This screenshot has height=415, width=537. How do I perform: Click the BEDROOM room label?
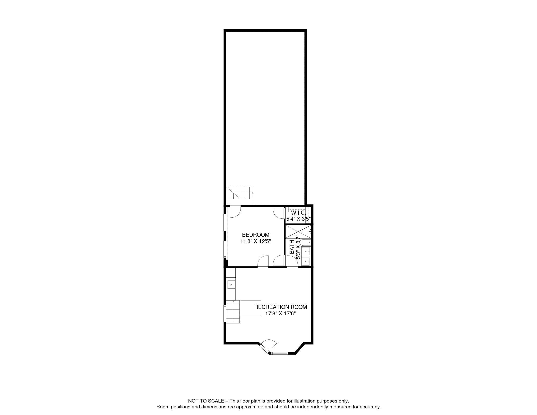click(255, 235)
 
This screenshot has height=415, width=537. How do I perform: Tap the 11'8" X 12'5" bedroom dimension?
click(256, 241)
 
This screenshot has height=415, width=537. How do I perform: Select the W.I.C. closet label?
click(298, 213)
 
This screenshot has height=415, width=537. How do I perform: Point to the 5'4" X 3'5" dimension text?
click(298, 218)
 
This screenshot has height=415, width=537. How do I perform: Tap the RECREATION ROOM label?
click(280, 307)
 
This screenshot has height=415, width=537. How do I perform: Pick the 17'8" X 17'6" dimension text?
click(280, 314)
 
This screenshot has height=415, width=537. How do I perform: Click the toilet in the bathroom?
click(304, 242)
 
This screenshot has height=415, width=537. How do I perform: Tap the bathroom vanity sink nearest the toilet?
click(306, 251)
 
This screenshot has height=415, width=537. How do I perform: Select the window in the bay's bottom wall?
click(280, 353)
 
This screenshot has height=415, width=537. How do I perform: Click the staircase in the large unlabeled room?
click(240, 193)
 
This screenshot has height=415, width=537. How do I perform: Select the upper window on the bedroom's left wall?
click(225, 223)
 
